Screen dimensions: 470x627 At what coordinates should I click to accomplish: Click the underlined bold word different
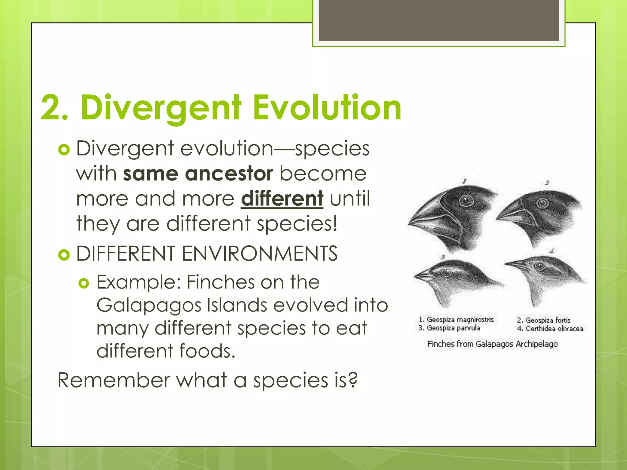[282, 199]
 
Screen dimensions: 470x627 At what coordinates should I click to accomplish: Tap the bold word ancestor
[229, 174]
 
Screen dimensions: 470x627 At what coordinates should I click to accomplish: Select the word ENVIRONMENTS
[260, 254]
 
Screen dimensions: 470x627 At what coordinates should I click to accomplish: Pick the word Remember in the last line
[113, 380]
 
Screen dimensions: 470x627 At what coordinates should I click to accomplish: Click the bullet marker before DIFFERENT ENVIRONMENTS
[64, 255]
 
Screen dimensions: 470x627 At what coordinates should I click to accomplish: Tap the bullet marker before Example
[84, 283]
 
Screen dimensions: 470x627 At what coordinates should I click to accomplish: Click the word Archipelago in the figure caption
[536, 344]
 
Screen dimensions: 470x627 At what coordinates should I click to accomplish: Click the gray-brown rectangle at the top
[439, 20]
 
